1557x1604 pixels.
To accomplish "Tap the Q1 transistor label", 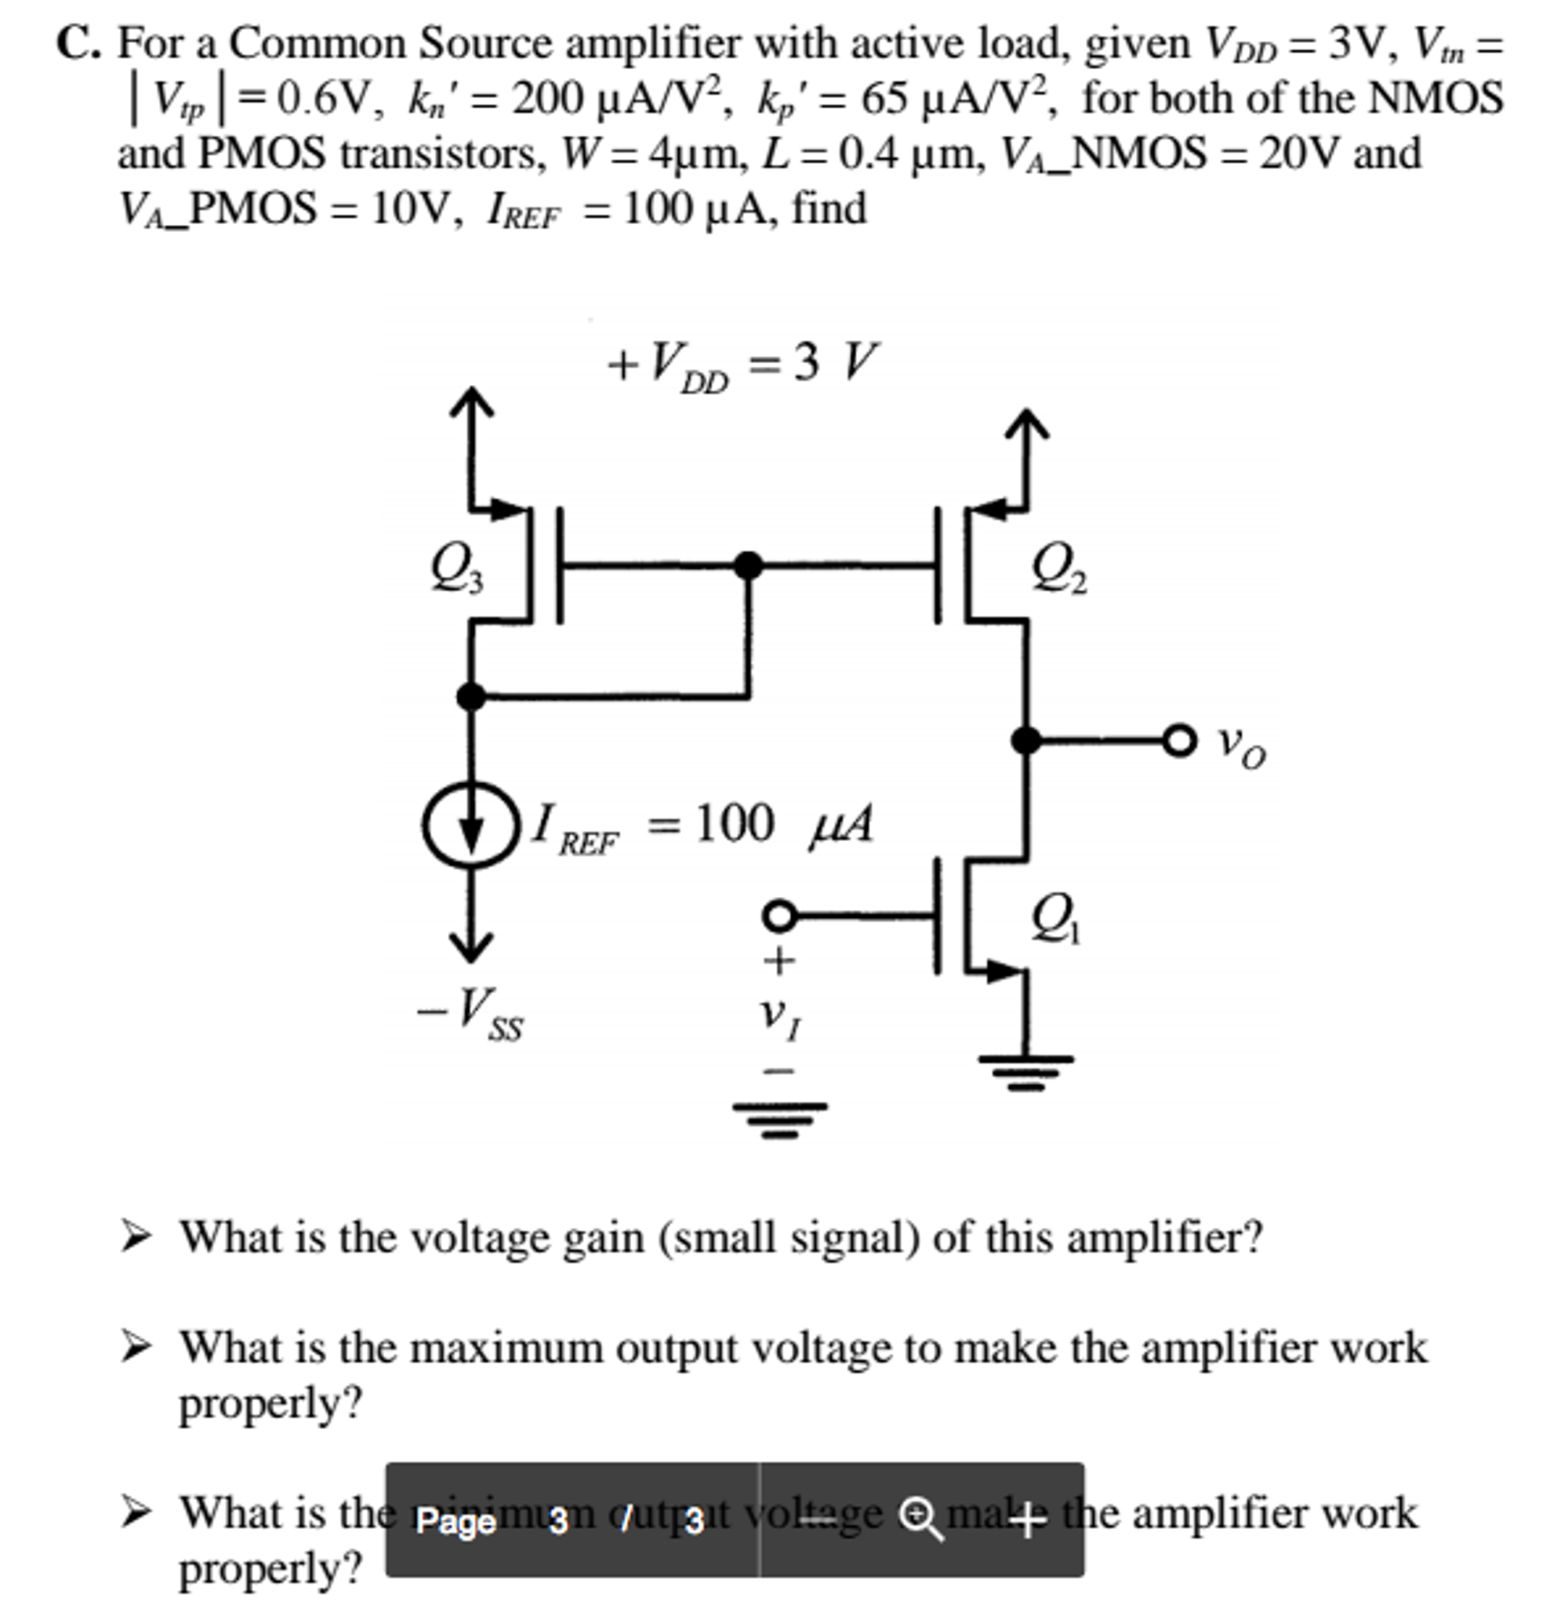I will click(x=1055, y=918).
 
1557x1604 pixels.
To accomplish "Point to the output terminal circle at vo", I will click(x=1179, y=741).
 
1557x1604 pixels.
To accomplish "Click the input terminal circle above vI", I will click(x=780, y=916).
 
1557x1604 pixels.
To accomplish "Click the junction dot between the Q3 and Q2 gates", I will click(x=748, y=565).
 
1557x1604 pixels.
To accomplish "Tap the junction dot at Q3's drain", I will click(x=470, y=697).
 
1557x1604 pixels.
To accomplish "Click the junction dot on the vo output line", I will click(x=1026, y=741).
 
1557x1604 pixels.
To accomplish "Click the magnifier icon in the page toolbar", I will click(x=920, y=1519).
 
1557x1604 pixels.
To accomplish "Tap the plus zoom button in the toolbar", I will click(x=1028, y=1519).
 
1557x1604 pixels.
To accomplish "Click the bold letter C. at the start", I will click(x=78, y=44).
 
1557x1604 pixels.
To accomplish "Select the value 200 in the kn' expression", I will click(x=545, y=100).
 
